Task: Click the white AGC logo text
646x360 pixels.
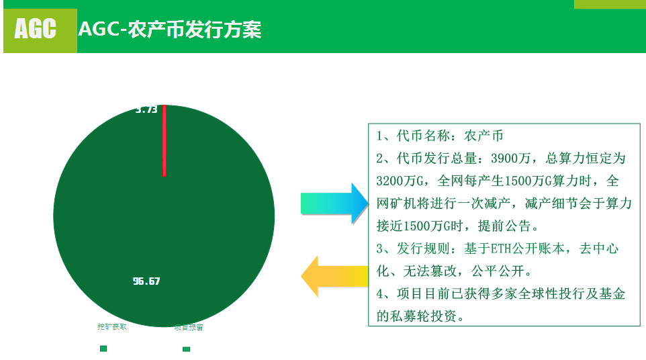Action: pyautogui.click(x=36, y=29)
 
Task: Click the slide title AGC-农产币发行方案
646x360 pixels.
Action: pyautogui.click(x=170, y=30)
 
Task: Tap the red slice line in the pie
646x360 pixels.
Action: pyautogui.click(x=164, y=140)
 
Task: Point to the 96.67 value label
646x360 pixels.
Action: pyautogui.click(x=146, y=281)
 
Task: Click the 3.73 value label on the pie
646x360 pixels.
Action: pyautogui.click(x=146, y=109)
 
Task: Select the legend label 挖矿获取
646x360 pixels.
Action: pyautogui.click(x=112, y=327)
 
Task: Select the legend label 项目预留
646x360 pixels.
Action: pyautogui.click(x=189, y=328)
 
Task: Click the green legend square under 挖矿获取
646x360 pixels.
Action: pyautogui.click(x=103, y=348)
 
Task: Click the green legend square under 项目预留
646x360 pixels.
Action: pyautogui.click(x=186, y=349)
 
